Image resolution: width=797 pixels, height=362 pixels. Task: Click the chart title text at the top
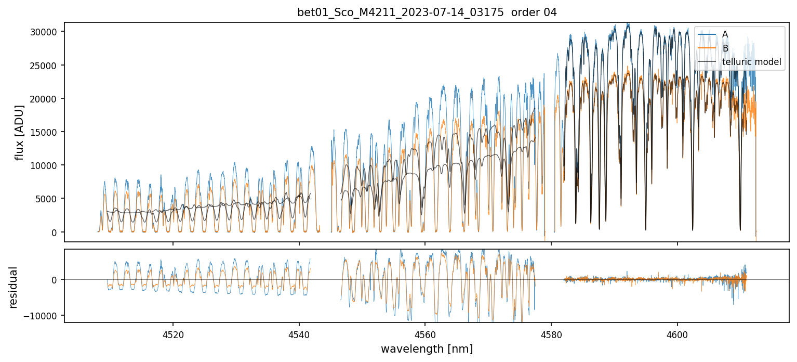point(427,12)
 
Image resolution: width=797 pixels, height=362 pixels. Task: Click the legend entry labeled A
point(725,34)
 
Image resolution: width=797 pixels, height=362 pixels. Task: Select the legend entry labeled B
point(725,48)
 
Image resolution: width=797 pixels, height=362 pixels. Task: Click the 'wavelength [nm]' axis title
point(427,348)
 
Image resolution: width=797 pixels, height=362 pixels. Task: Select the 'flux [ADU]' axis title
point(20,132)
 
